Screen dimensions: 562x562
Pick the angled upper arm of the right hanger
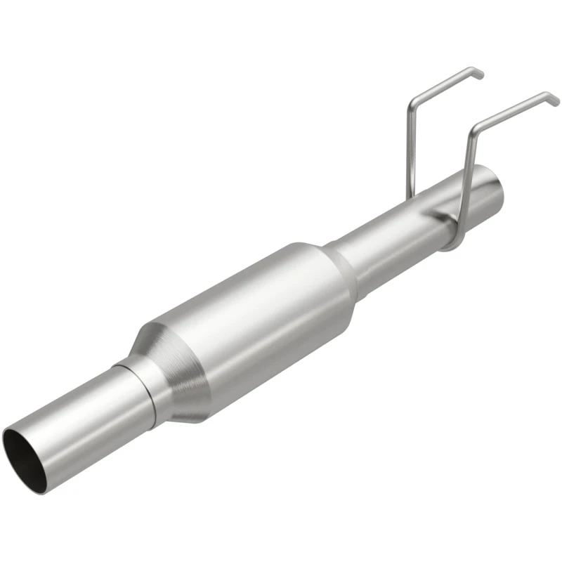pos(513,110)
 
